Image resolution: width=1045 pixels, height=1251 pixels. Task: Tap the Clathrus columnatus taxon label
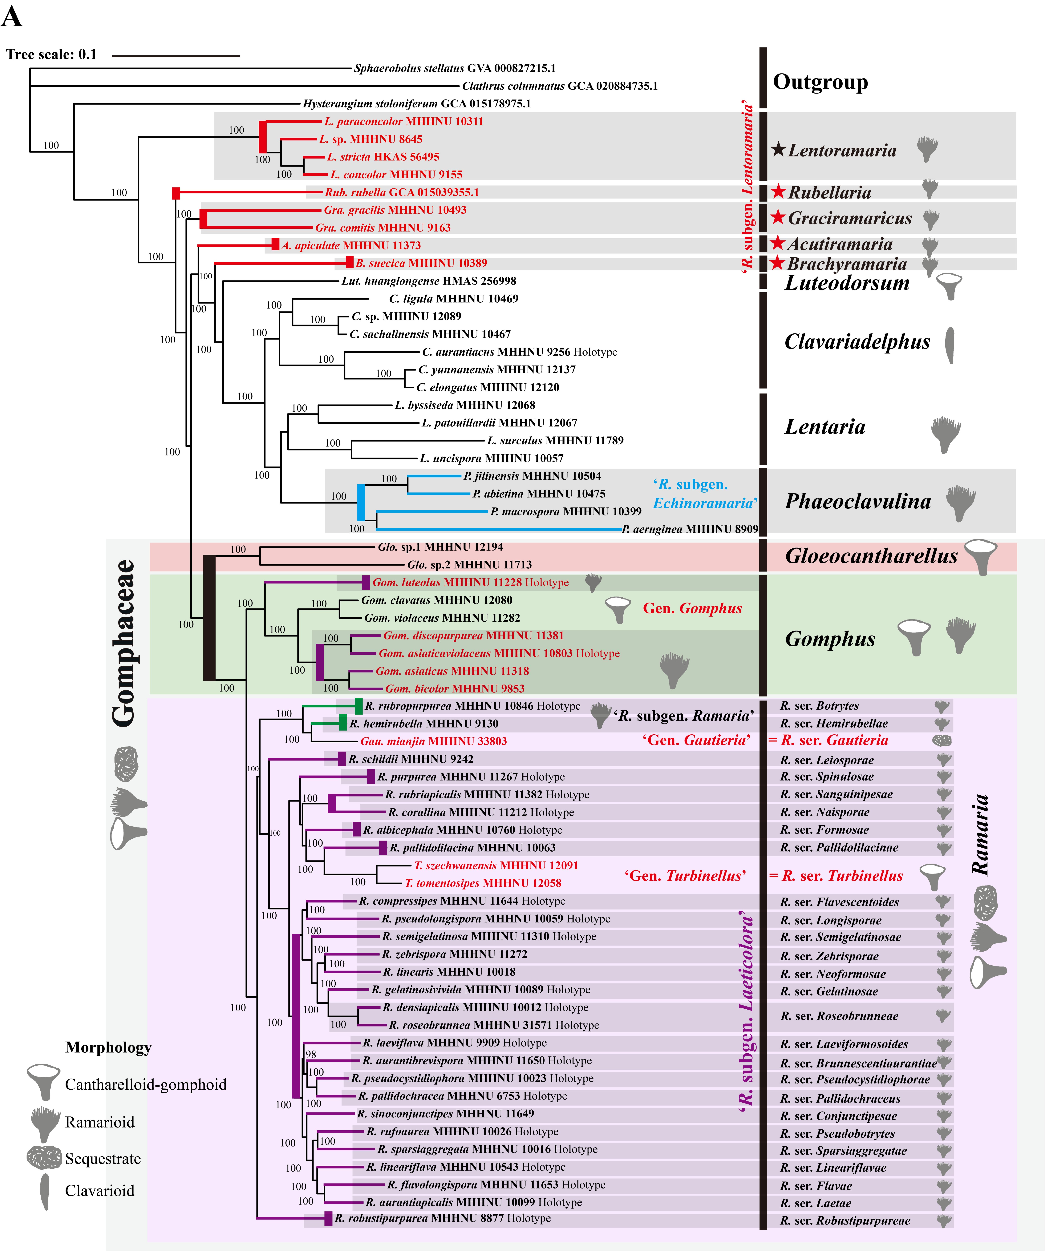click(x=560, y=86)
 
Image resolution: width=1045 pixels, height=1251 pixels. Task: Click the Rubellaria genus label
click(x=829, y=192)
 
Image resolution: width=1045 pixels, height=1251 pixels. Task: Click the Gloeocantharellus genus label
click(x=871, y=556)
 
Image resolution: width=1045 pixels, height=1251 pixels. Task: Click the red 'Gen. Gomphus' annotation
click(x=692, y=608)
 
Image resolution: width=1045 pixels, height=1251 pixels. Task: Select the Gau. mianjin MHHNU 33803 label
click(x=434, y=741)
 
